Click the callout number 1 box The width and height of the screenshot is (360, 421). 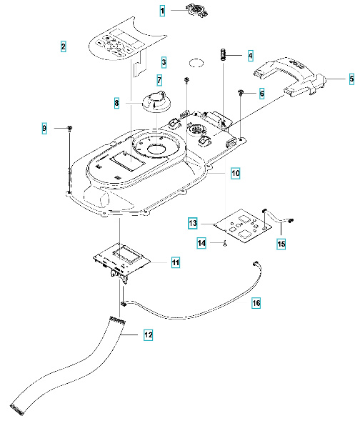[163, 11]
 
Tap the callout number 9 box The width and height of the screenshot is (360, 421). [44, 128]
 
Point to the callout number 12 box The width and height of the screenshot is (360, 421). [148, 334]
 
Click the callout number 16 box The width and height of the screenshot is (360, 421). [236, 304]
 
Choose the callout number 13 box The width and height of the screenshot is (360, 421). [193, 223]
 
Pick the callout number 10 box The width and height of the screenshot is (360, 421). [236, 173]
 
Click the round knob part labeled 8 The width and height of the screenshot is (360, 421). [156, 101]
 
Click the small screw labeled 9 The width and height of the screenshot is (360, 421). [70, 128]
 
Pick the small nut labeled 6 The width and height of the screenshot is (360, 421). [243, 94]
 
